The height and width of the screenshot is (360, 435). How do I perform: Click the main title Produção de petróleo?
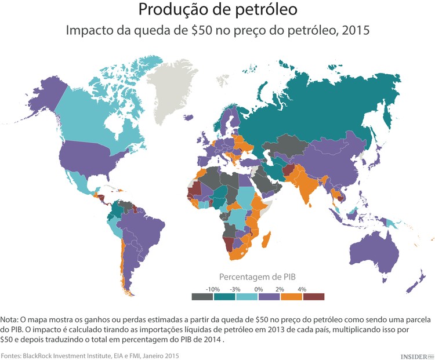tap(217, 10)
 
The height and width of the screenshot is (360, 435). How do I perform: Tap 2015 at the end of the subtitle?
tap(356, 30)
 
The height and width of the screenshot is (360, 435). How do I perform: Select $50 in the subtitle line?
tap(201, 30)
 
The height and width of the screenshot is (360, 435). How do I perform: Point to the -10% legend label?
tap(213, 288)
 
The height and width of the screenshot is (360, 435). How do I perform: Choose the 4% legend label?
tap(302, 288)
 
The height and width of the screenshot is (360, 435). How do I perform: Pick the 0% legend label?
tap(258, 288)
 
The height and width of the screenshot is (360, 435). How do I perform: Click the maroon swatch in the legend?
tap(313, 297)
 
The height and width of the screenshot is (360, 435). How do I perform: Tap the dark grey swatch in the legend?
tap(202, 297)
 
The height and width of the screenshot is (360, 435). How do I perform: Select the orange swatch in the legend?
tap(291, 297)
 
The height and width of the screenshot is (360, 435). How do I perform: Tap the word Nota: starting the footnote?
tap(9, 319)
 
